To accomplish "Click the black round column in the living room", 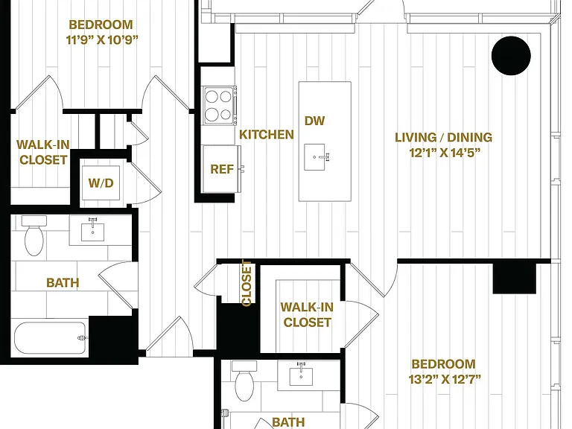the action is pos(511,55).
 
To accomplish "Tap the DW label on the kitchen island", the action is pos(314,121).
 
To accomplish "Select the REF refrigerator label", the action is pos(222,169).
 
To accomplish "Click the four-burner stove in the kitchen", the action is pos(219,106).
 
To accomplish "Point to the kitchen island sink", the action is pos(317,157).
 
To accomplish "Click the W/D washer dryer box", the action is pos(101,182).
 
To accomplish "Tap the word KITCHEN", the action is pos(267,134).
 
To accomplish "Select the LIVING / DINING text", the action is pos(444,137).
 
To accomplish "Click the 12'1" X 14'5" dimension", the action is pos(445,153).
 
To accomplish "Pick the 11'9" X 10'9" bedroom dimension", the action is pos(102,39).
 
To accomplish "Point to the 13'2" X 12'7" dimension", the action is pos(445,379).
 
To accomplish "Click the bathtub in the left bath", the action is pos(51,337).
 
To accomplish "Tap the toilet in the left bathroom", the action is pos(34,235).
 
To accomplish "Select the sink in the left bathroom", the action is pos(92,230).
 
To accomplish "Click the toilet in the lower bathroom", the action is pos(244,381).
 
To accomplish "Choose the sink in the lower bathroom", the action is pos(302,375).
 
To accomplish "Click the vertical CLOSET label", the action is pos(247,283).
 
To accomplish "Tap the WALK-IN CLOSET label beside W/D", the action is pos(43,152).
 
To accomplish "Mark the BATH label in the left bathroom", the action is pos(63,282).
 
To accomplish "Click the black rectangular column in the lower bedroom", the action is pos(515,278).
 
